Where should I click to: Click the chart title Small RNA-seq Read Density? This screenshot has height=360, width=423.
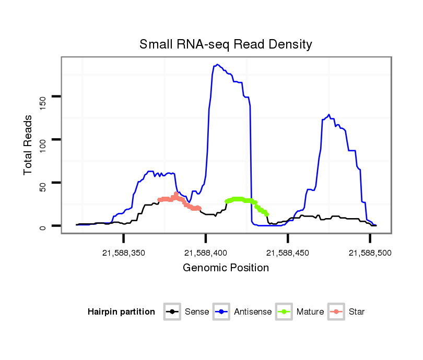coord(226,44)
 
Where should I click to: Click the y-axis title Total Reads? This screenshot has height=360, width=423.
coord(28,145)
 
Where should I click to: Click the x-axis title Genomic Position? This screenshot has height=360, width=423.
coord(226,268)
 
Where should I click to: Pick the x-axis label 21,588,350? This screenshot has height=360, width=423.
coord(124,253)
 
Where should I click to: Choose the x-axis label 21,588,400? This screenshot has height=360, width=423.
coord(206,253)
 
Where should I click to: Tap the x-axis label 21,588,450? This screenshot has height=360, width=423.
coord(288,253)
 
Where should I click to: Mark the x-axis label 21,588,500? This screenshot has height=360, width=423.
coord(370,253)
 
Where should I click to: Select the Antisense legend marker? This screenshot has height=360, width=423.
coord(221,312)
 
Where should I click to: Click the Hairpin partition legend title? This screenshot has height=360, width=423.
coord(121,312)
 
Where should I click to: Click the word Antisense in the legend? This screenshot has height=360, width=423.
coord(253,312)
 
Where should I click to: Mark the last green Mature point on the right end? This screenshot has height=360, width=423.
coord(267,214)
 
